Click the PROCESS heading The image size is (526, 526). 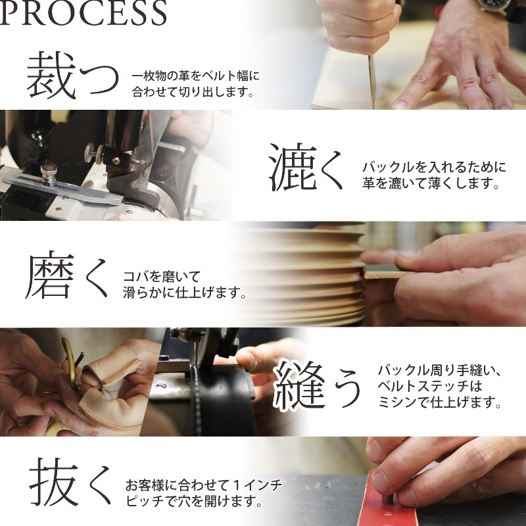point(84,12)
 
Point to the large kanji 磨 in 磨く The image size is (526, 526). point(51,274)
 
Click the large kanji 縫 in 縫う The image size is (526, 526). point(299,385)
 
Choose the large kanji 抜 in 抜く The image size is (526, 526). point(55,482)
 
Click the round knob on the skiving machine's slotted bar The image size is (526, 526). point(49,172)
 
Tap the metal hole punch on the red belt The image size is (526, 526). point(387,496)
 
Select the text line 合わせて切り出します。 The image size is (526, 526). point(193,92)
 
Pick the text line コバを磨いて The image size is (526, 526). point(162,276)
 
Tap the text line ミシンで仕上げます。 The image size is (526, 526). point(439,401)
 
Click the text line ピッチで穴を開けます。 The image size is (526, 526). point(195,501)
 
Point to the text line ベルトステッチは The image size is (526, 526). point(430,386)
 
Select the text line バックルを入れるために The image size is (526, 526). point(434,167)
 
